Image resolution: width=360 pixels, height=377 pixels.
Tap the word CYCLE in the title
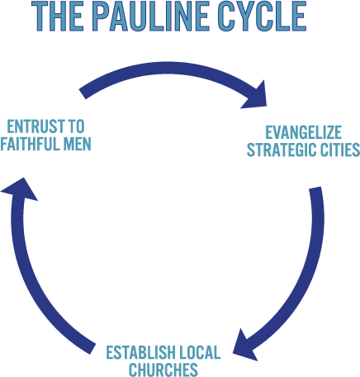pos(263,17)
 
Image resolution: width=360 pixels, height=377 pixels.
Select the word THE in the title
pos(58,17)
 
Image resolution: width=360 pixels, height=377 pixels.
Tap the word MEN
pos(78,144)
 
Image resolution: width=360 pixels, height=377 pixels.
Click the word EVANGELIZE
pos(303,132)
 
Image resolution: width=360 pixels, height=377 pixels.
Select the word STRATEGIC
pos(282,150)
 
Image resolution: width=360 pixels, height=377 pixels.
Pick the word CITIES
pos(340,150)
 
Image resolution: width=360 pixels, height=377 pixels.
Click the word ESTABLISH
pos(140,352)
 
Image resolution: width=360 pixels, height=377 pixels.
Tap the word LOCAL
pos(200,352)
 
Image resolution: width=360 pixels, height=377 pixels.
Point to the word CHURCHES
pos(163,370)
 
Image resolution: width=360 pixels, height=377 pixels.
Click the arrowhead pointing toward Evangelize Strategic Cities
pos(255,96)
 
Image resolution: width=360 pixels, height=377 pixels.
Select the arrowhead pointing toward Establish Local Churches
pos(244,346)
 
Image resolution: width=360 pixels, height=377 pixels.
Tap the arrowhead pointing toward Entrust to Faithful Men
pos(19,190)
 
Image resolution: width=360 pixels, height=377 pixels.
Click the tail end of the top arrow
pos(83,94)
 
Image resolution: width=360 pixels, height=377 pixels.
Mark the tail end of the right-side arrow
pos(315,188)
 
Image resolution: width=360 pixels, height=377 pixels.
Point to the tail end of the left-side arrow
pos(92,349)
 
